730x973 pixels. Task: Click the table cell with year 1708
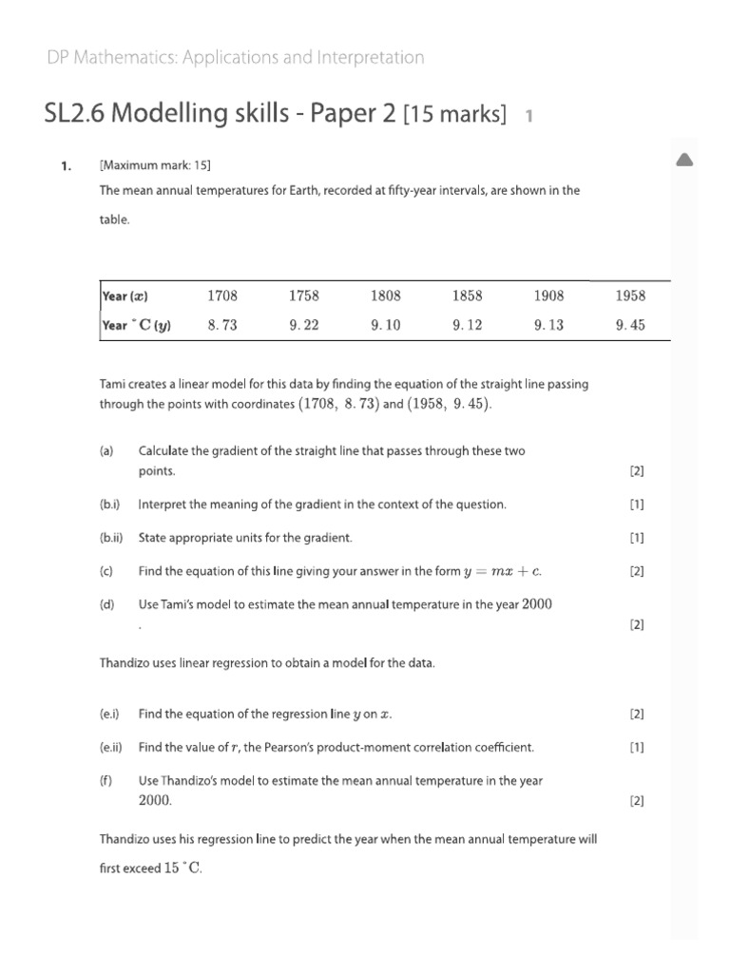pyautogui.click(x=221, y=296)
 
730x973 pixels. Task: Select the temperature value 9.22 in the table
pyautogui.click(x=304, y=325)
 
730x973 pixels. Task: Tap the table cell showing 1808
pyautogui.click(x=386, y=296)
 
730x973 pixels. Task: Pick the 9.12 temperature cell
pyautogui.click(x=468, y=325)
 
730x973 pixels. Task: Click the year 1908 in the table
pyautogui.click(x=548, y=296)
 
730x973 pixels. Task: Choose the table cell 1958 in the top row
pyautogui.click(x=630, y=296)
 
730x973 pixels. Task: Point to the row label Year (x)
pyautogui.click(x=125, y=296)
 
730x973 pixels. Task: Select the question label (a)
pyautogui.click(x=106, y=451)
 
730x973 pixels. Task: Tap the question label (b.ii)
pyautogui.click(x=111, y=538)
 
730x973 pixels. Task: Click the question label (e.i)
pyautogui.click(x=109, y=714)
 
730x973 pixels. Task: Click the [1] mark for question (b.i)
pyautogui.click(x=637, y=505)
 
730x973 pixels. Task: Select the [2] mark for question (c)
pyautogui.click(x=637, y=571)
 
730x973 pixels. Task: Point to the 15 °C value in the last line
pyautogui.click(x=182, y=868)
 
